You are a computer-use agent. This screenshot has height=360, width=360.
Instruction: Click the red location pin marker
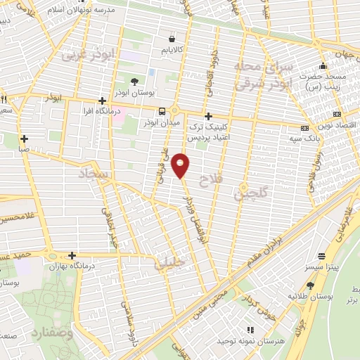(x=181, y=165)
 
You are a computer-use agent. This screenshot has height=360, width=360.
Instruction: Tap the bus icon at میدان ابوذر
(x=162, y=111)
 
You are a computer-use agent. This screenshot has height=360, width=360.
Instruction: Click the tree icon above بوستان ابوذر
(x=135, y=82)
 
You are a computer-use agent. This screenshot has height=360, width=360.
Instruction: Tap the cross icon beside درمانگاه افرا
(x=103, y=101)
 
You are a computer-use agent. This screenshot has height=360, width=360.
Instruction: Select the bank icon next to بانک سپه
(x=304, y=128)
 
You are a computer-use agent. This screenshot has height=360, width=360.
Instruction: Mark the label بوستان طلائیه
(x=307, y=295)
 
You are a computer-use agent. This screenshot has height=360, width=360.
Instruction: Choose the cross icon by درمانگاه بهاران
(x=72, y=255)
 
